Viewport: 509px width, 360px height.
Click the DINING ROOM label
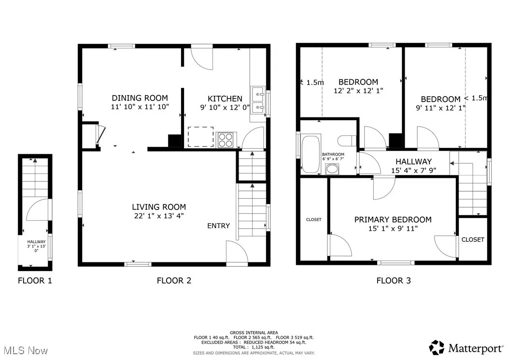coord(140,98)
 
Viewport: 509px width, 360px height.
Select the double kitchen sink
coord(258,101)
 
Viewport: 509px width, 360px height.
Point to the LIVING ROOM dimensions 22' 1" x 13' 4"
coord(159,216)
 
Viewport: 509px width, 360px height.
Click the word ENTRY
coord(218,226)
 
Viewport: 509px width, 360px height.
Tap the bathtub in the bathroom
coord(311,154)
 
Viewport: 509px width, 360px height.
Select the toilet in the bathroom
coord(347,141)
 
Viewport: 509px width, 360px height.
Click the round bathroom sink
coord(332,169)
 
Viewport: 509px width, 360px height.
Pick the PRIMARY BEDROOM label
coord(393,220)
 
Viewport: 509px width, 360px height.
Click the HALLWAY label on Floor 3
coord(413,161)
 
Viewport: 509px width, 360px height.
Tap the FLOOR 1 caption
coord(35,280)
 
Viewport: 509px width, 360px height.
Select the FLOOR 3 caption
coord(394,280)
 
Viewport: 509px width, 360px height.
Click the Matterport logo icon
coord(437,347)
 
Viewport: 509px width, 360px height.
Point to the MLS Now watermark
coord(26,351)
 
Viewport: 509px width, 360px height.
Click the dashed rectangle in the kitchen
coord(200,137)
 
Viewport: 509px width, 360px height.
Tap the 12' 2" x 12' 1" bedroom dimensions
coord(358,91)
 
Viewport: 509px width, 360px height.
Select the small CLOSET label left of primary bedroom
coord(313,220)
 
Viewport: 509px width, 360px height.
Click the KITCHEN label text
coord(225,99)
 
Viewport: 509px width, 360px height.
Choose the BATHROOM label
coord(333,154)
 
